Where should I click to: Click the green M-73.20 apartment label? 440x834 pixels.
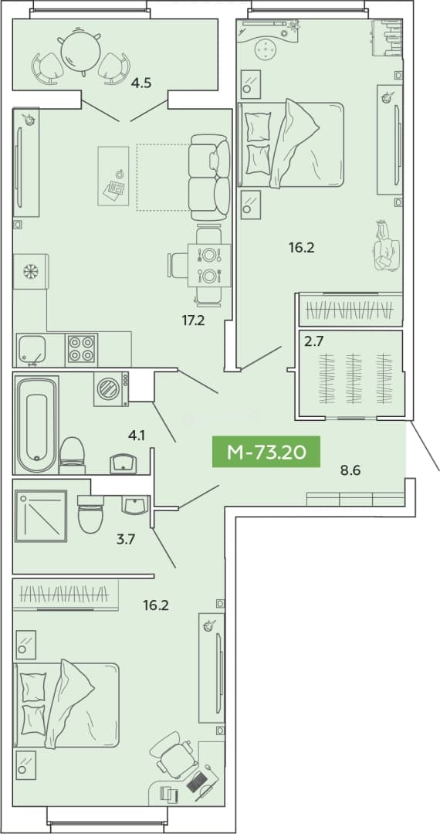coord(266,452)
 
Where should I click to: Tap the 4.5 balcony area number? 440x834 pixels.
coord(141,83)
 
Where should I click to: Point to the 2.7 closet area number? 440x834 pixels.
coord(313,341)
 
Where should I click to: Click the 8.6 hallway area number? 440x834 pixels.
coord(350,470)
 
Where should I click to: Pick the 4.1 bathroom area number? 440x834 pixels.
coord(137,436)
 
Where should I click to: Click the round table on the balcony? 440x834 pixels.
coord(81,50)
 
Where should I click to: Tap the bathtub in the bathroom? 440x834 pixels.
coord(36,425)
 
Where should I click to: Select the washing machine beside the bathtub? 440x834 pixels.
coord(111,388)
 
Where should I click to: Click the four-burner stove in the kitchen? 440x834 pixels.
coord(81,350)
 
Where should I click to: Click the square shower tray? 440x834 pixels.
coord(41,516)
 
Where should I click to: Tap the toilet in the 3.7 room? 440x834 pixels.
coord(91,514)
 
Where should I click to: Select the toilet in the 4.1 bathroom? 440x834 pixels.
coord(73,456)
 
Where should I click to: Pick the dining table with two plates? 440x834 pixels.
coord(209,266)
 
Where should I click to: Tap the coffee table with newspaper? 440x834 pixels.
coord(113,176)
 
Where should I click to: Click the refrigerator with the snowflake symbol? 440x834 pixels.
coord(31,271)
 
